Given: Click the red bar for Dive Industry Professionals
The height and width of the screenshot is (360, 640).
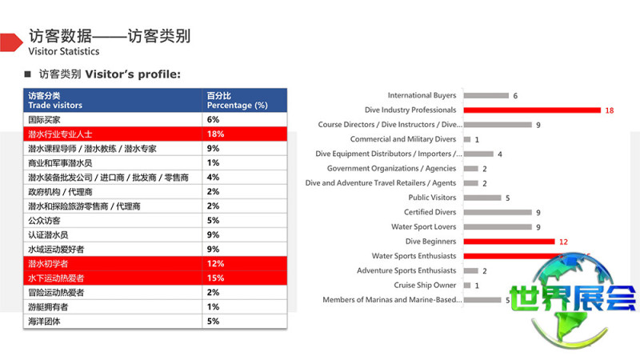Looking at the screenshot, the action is click(x=532, y=110).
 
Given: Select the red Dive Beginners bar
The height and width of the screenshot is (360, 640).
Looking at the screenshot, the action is click(x=510, y=242).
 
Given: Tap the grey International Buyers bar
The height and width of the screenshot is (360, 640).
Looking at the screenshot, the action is click(x=486, y=95).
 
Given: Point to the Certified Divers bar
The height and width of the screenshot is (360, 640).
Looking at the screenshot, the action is click(x=498, y=212).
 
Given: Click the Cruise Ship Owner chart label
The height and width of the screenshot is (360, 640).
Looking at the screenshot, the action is click(x=425, y=285).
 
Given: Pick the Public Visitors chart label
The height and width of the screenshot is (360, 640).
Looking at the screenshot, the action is click(x=432, y=198).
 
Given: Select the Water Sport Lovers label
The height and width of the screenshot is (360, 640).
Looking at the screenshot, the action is click(x=424, y=227).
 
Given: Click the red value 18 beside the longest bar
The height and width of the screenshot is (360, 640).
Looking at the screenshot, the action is click(x=610, y=110).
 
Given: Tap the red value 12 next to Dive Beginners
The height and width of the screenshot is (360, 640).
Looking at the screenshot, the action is click(x=564, y=242).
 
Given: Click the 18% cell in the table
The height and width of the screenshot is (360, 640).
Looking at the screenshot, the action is click(x=245, y=134).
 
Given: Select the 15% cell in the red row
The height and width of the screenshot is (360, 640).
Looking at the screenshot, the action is click(x=245, y=278).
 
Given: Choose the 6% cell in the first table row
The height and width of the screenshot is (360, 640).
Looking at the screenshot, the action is click(x=245, y=119).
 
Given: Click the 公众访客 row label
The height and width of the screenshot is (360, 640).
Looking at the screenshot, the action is click(x=44, y=221).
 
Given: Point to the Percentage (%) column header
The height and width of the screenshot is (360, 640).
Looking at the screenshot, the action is click(x=237, y=106).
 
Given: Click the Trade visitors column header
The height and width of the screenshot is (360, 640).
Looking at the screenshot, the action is click(x=55, y=106).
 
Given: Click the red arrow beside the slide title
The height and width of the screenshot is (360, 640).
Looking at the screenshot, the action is click(x=11, y=42).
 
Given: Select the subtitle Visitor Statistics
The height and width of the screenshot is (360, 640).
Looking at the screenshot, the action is click(x=64, y=51).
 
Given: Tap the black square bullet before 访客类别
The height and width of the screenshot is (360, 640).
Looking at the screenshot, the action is click(x=28, y=74).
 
